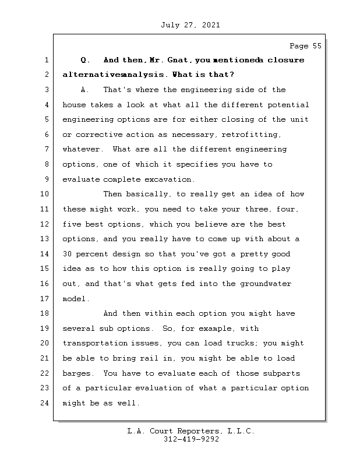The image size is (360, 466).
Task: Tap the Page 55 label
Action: pos(305,46)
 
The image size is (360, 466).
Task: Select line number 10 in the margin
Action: pos(45,194)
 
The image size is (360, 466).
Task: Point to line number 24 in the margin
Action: pos(45,403)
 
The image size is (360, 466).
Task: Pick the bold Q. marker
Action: pos(84,60)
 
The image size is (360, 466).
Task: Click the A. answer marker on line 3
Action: pos(84,90)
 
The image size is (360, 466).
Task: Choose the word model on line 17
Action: pos(74,299)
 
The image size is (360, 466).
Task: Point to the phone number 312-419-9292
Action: pos(191,440)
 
